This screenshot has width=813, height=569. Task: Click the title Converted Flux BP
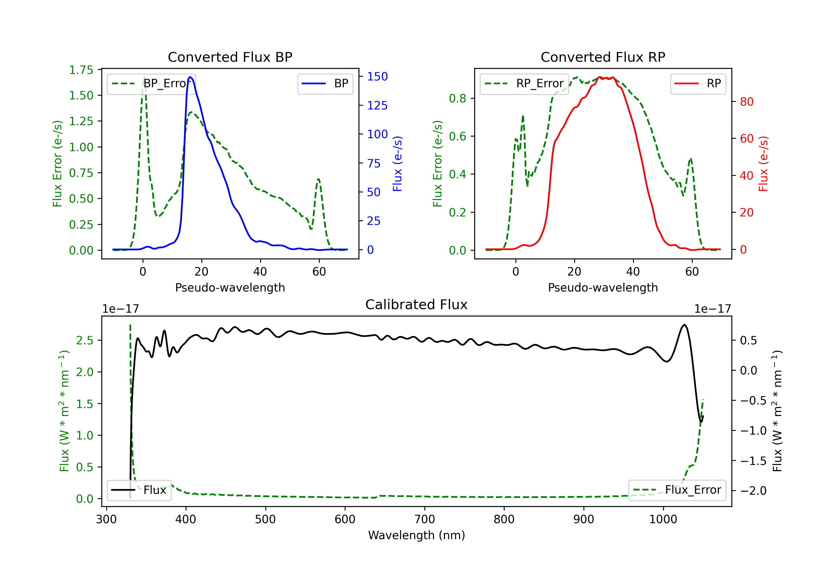coord(230,57)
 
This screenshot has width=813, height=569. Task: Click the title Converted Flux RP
coord(603,57)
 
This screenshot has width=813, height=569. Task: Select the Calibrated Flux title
coord(417,305)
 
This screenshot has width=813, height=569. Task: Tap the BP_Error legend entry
coord(151,83)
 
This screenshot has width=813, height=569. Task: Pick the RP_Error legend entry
coord(524,83)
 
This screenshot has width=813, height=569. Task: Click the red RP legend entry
coord(698,83)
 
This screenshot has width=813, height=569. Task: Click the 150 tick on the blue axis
coord(378,76)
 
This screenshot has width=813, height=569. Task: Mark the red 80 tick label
coord(747,102)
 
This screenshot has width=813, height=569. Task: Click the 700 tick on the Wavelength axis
coord(425,519)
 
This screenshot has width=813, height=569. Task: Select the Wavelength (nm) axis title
coord(417,535)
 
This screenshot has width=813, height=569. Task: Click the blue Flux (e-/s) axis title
coord(397,164)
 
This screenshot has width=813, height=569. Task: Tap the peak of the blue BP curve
coord(190,77)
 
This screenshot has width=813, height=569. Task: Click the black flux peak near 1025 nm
coord(685,325)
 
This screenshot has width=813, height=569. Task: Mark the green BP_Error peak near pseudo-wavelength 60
coord(319,180)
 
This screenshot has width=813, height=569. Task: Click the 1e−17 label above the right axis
coord(712,309)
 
